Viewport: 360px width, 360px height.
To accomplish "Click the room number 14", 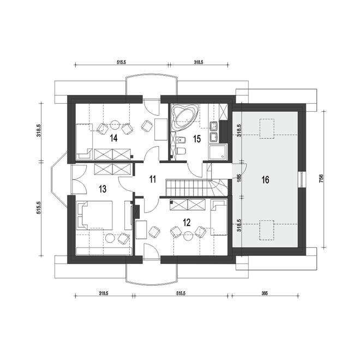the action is tap(113, 138).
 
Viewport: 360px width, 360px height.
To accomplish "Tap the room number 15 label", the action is tap(197, 139).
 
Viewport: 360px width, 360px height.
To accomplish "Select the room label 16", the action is tap(265, 180).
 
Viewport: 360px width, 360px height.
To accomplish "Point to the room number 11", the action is tap(153, 179).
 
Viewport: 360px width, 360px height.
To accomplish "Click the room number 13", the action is tap(103, 189).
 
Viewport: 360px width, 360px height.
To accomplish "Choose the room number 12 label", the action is tap(187, 222).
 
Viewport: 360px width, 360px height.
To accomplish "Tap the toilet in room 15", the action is tap(181, 151).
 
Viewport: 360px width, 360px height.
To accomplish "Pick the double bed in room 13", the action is tap(94, 215).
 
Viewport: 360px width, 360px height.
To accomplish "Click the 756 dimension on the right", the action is tap(321, 178).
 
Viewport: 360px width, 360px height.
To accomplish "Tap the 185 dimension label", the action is tap(239, 178).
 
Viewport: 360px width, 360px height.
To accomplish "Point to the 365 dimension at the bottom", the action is tap(265, 293).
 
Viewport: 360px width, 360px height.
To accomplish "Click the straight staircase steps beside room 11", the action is tap(188, 188).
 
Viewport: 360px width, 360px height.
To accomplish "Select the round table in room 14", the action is tap(115, 125).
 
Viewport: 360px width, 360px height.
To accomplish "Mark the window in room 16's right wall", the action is tap(302, 179).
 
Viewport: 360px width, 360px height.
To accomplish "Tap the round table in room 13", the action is tap(110, 238).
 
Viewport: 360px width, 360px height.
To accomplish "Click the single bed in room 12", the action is tap(219, 217).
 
